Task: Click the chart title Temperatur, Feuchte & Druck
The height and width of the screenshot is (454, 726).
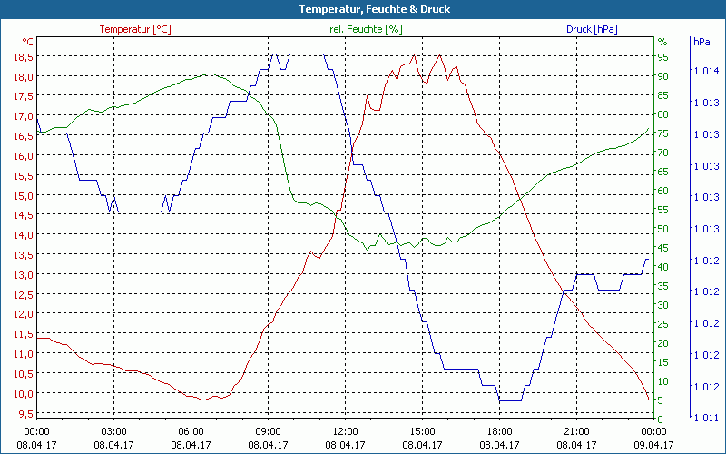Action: pos(363,9)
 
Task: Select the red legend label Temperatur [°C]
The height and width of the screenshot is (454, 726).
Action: pos(135,29)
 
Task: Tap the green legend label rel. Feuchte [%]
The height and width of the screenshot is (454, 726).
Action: pos(365,29)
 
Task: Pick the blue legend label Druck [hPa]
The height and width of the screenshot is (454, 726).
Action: pos(592,29)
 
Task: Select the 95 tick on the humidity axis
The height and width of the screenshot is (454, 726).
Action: pos(662,56)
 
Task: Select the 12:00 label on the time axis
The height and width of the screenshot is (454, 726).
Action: pos(345,430)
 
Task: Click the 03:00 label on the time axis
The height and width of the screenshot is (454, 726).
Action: pos(113,430)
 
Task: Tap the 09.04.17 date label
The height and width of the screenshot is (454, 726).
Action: pos(653,445)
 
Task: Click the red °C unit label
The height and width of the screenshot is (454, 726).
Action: pos(28,42)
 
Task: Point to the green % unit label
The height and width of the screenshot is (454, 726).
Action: pos(662,42)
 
